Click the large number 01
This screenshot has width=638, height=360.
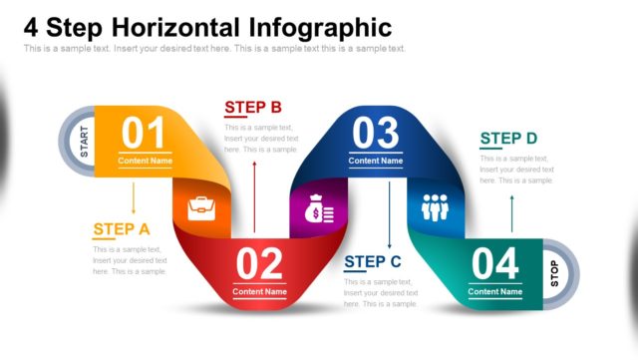[145, 133]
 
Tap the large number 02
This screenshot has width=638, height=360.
[259, 264]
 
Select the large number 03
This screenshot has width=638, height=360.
[375, 133]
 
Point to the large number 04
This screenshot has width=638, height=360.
[495, 264]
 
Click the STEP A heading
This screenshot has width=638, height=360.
[122, 229]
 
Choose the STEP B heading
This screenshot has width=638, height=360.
[253, 108]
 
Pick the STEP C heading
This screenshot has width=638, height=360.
[373, 262]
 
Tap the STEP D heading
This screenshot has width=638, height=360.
[508, 139]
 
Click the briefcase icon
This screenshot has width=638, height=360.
[202, 208]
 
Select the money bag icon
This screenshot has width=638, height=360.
[319, 210]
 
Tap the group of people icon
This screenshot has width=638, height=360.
[436, 207]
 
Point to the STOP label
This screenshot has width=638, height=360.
[554, 273]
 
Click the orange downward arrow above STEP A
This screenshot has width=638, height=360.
[134, 198]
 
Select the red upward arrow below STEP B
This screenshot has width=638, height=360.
[254, 193]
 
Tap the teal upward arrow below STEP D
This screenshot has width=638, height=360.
[512, 212]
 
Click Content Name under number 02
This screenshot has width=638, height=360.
[259, 292]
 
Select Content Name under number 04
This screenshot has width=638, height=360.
[495, 292]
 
